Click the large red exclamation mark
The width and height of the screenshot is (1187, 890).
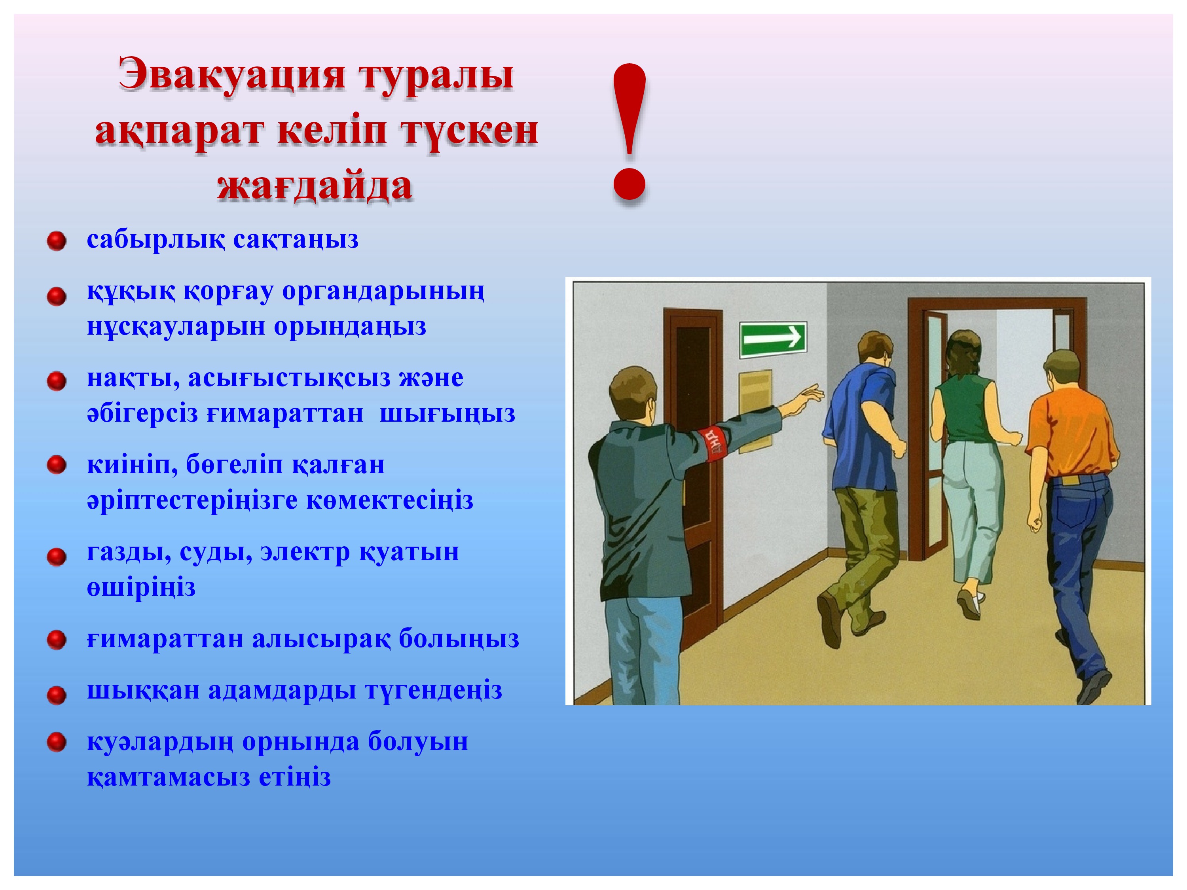630,132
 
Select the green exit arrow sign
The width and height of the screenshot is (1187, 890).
773,339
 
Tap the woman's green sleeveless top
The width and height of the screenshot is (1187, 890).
967,408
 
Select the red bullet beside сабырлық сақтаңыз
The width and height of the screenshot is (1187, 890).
56,241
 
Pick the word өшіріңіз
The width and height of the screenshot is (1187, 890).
141,588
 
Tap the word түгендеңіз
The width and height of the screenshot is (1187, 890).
434,690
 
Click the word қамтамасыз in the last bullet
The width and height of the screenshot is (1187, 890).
169,777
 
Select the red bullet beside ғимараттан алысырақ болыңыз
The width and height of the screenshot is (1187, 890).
56,640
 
